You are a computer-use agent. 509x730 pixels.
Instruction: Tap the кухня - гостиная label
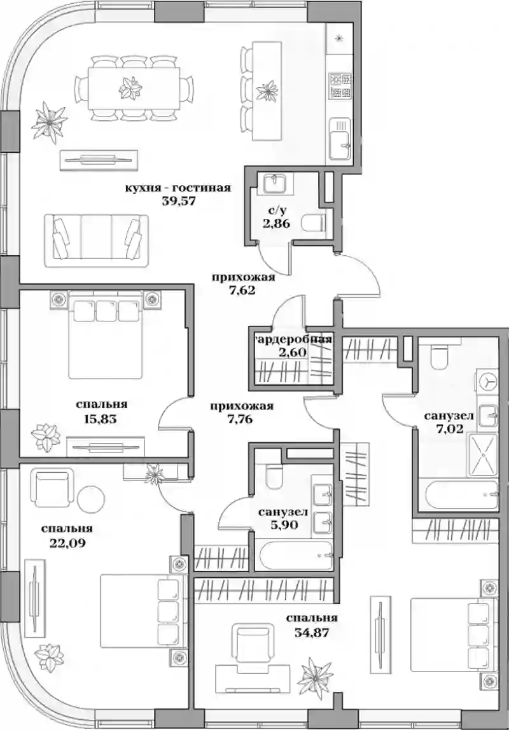[178, 188]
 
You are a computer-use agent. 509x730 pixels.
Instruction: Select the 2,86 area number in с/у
[276, 223]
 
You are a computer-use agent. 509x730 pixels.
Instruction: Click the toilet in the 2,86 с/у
[314, 223]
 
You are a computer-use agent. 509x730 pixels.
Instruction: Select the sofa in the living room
[96, 239]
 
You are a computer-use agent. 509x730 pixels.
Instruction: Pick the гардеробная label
[293, 339]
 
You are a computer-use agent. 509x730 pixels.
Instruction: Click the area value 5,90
[284, 524]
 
